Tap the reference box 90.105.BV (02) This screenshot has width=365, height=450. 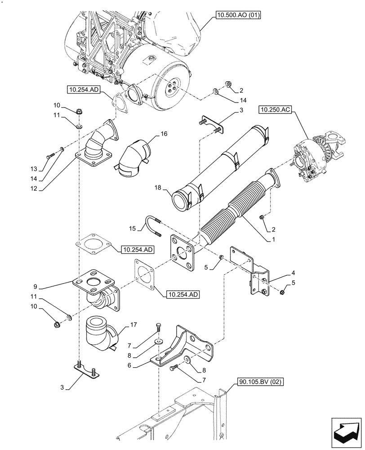[x=255, y=383]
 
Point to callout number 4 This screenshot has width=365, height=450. [x=293, y=272]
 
